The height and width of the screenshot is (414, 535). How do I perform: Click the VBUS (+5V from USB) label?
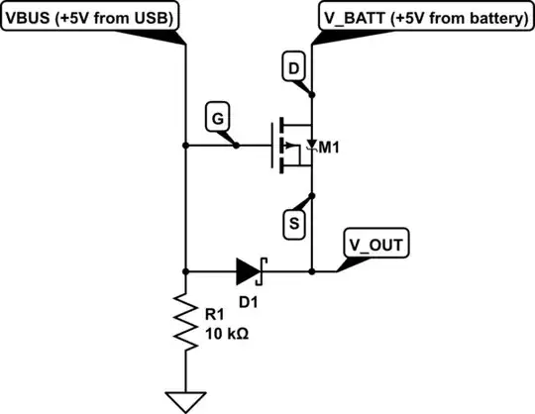(91, 18)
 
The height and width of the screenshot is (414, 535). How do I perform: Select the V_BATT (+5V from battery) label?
(423, 18)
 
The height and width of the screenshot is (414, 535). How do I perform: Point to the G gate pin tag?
(217, 118)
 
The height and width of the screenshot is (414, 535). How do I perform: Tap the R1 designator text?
(215, 316)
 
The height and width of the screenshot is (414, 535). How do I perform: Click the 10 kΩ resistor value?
(226, 334)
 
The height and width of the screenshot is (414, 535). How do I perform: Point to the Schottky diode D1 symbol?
(249, 268)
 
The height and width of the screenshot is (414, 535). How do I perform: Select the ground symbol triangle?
(185, 400)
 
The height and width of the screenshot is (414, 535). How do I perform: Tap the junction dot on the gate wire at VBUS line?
(185, 146)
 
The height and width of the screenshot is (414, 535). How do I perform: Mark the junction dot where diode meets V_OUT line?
(312, 268)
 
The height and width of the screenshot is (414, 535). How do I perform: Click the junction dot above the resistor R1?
(185, 268)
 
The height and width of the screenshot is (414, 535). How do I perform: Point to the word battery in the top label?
(492, 18)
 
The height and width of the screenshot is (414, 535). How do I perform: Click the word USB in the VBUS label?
(156, 18)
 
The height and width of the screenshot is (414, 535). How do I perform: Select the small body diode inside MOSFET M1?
(312, 145)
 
